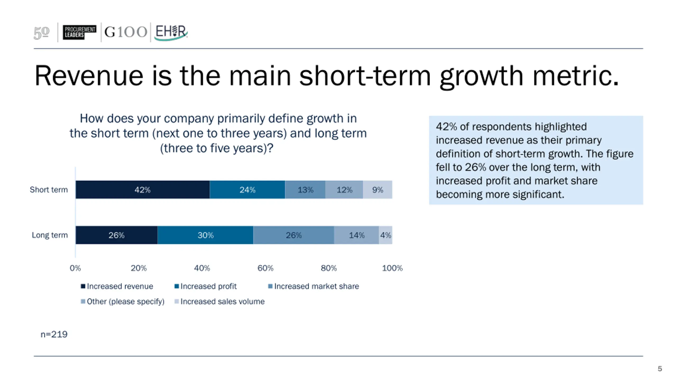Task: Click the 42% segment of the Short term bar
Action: (x=143, y=190)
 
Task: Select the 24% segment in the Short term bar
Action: (x=247, y=190)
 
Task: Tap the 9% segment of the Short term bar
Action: (x=377, y=190)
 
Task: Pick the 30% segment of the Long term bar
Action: (x=205, y=235)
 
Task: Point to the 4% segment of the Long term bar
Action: (x=386, y=235)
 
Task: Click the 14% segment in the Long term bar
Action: (x=356, y=235)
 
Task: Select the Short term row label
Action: (x=49, y=190)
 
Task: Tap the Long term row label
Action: (x=50, y=235)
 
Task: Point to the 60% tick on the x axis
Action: (x=265, y=268)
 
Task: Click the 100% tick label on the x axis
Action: (x=392, y=268)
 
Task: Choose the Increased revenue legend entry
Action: (x=117, y=286)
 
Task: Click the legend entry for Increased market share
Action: (x=314, y=286)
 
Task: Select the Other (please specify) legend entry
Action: (x=123, y=301)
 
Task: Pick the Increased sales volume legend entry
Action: (x=219, y=301)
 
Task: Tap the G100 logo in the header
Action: (x=126, y=32)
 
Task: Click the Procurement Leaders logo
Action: (x=79, y=32)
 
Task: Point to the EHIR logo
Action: (x=171, y=32)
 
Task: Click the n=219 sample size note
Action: (x=54, y=334)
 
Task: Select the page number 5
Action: (x=660, y=369)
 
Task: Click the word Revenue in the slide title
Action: (x=89, y=76)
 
